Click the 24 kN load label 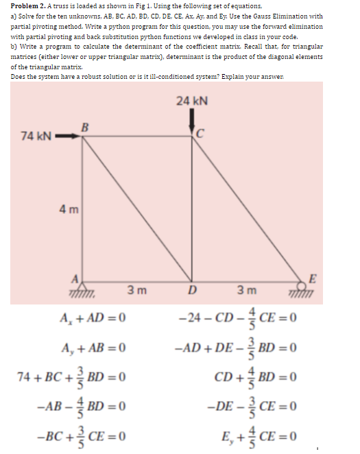191,101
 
